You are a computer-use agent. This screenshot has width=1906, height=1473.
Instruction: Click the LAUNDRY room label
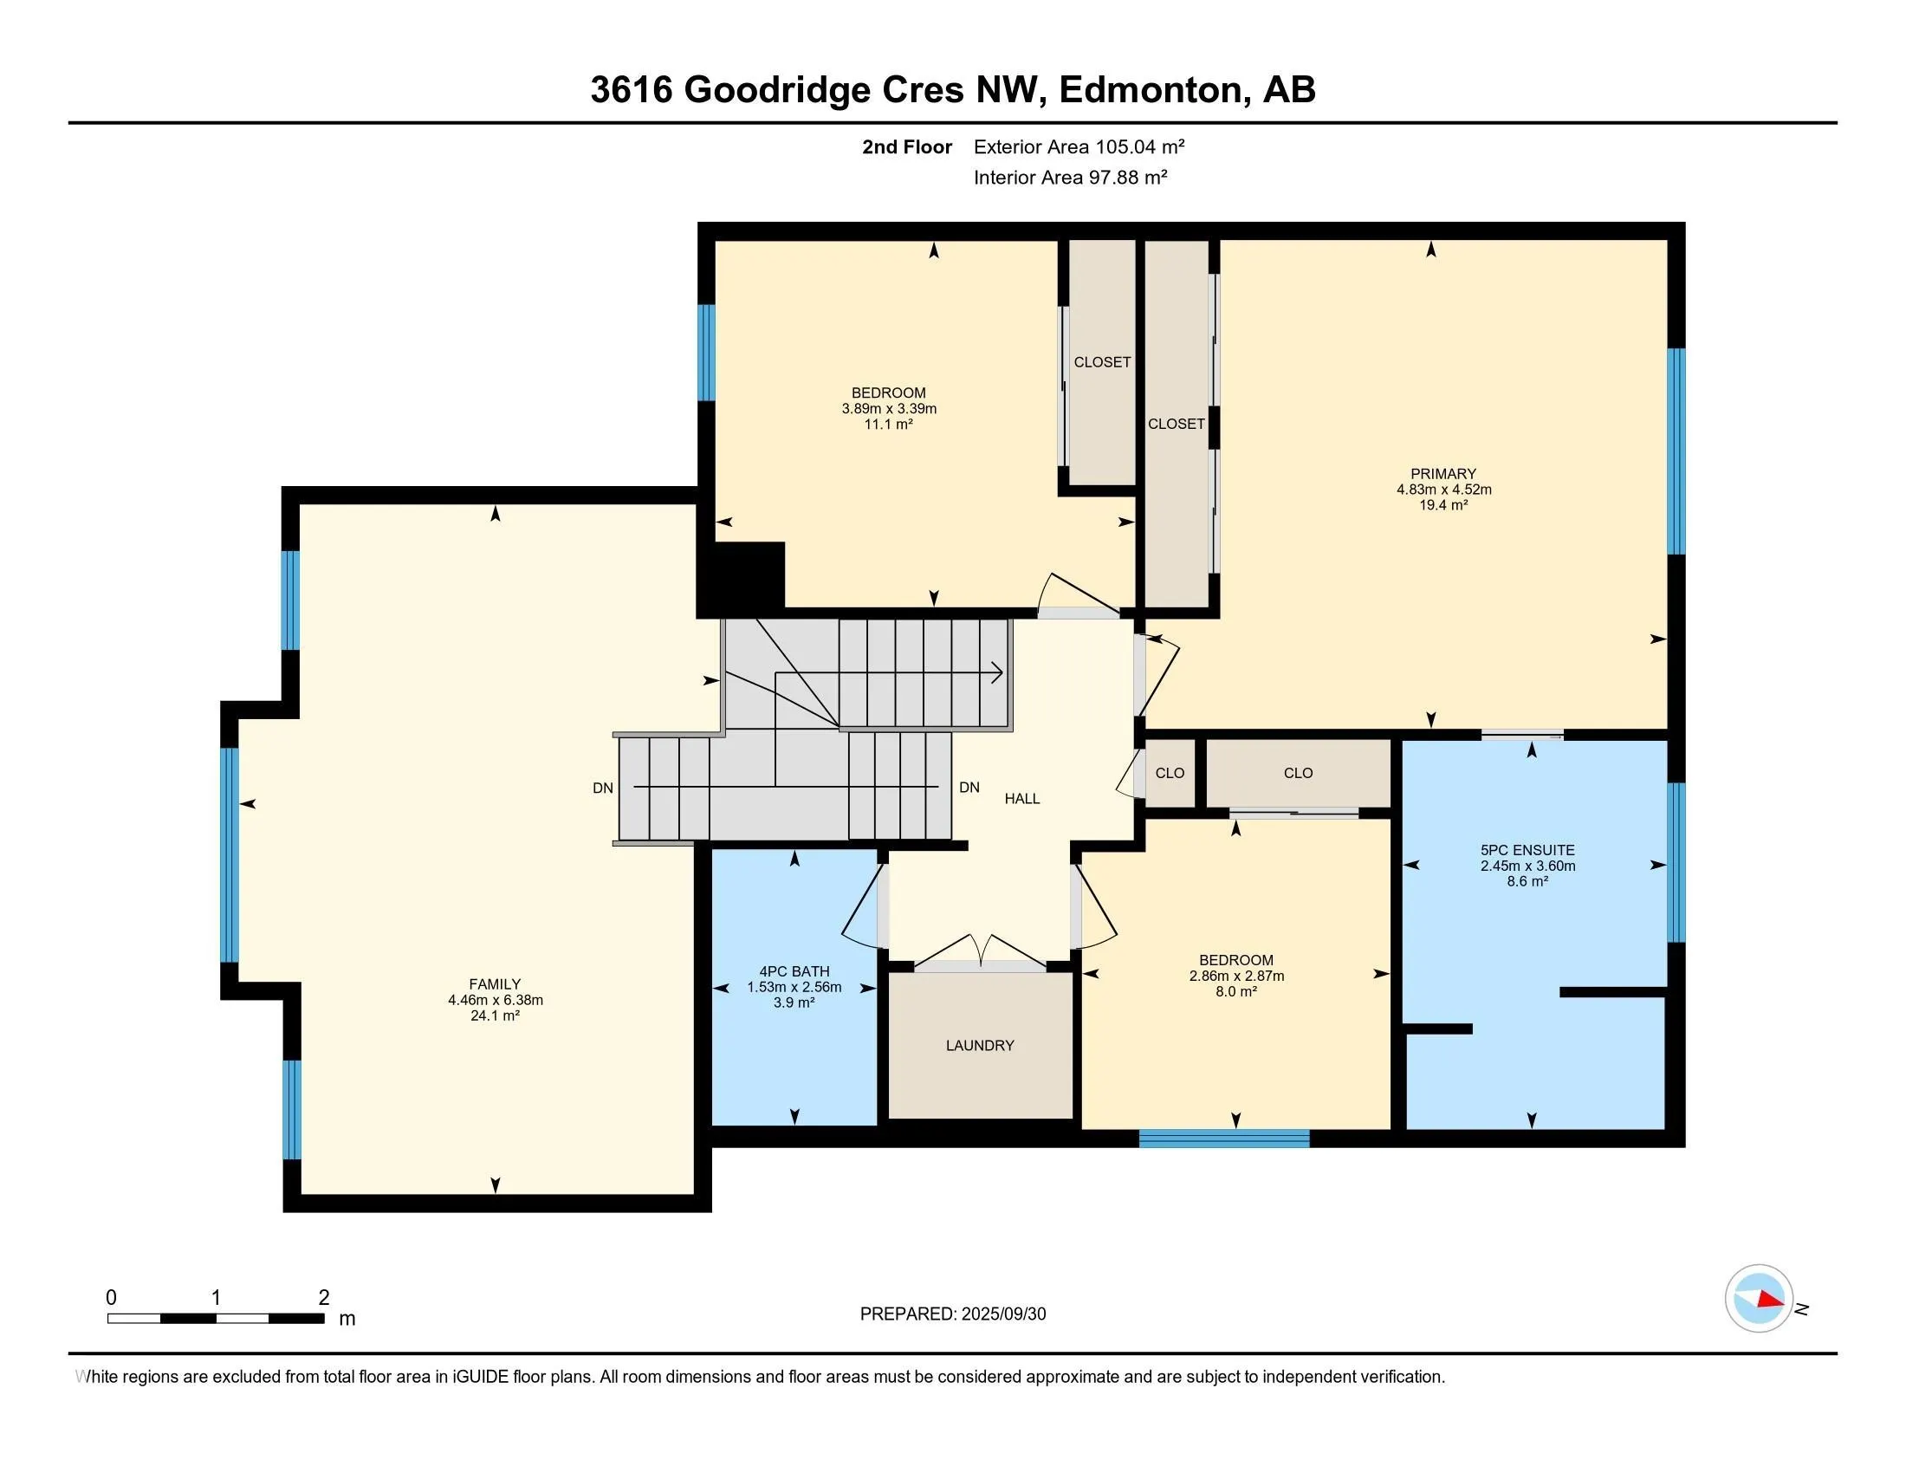click(979, 1046)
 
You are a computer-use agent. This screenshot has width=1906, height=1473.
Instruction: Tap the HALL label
click(1022, 799)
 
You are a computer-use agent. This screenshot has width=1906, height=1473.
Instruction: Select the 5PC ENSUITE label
click(1527, 850)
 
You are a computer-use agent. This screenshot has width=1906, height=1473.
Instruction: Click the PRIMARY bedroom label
click(1443, 474)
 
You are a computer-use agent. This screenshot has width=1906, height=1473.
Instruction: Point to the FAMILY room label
click(495, 984)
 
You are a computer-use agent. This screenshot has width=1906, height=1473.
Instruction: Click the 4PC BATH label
click(794, 971)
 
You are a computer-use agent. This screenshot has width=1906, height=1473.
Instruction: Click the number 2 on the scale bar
click(324, 1298)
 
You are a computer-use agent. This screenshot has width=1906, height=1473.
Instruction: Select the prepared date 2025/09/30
click(1003, 1314)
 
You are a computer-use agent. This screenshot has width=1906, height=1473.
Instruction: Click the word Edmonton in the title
click(1151, 89)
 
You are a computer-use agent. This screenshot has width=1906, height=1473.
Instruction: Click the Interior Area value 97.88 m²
click(1127, 177)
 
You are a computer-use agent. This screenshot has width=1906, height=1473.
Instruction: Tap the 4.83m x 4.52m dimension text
click(1443, 490)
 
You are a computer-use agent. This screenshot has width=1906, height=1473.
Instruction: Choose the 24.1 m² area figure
click(495, 1016)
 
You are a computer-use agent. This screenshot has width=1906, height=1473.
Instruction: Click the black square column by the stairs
click(740, 577)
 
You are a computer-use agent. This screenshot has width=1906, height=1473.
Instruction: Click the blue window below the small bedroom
click(1223, 1138)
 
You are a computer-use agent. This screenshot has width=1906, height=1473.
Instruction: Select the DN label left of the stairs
click(602, 788)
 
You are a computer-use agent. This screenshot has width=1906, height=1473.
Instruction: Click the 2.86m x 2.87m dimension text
click(1235, 977)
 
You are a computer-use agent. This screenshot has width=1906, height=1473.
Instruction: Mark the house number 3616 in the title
click(632, 89)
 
